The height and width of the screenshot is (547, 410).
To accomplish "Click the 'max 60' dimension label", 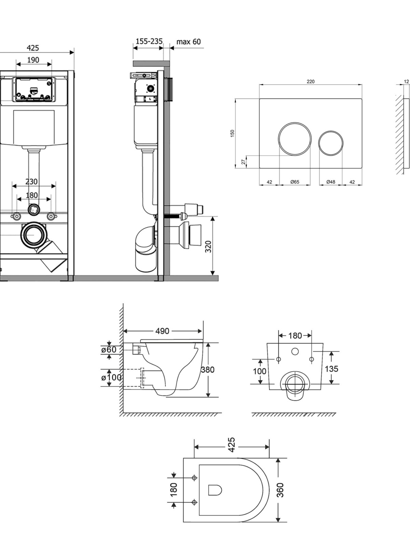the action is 189,42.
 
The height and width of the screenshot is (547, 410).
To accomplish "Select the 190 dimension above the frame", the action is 33,60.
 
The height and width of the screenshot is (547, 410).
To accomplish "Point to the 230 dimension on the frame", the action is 32,182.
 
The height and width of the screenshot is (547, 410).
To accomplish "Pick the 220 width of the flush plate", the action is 311,81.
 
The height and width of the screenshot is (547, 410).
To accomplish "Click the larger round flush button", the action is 295,139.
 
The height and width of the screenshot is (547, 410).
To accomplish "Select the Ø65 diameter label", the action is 295,182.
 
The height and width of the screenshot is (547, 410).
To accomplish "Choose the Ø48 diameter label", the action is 331,182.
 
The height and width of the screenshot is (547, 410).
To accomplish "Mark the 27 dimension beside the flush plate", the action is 244,162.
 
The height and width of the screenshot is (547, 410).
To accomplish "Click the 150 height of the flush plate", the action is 233,134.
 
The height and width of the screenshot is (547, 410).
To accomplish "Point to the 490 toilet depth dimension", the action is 162,331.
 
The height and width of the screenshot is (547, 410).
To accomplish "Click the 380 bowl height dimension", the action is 208,370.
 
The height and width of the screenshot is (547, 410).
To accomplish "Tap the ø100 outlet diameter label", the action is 111,377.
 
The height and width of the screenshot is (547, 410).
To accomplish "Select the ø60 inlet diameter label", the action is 109,350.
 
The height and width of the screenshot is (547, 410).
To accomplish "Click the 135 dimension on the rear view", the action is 331,369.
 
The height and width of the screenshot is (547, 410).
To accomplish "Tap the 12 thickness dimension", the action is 407,81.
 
